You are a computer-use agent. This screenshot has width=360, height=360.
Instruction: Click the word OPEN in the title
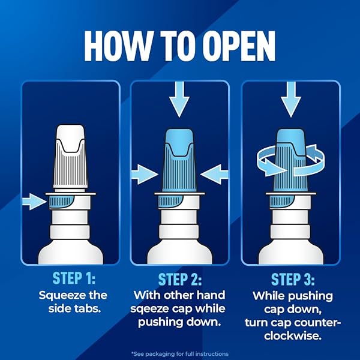pos(239,46)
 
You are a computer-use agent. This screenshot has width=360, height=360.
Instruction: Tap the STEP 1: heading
pos(74,278)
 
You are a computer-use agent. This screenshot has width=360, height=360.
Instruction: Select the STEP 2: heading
pos(180,279)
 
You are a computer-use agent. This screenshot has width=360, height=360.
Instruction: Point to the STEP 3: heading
pos(293,279)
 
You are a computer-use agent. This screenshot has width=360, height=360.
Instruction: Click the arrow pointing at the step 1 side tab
pos(34,202)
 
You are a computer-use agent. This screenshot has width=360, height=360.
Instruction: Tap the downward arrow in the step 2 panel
pos(179,99)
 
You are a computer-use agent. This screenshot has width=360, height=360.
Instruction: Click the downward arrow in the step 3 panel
pos(291,99)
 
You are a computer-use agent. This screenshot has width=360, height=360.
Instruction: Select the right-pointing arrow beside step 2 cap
pos(145,175)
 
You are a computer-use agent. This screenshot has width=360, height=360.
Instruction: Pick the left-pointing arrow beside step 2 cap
pos(214,175)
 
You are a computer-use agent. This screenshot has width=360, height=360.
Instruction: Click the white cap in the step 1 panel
pos(70,157)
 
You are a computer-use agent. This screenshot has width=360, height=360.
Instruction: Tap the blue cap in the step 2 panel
pos(179,160)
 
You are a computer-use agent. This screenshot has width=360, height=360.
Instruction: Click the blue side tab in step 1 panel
pos(61,202)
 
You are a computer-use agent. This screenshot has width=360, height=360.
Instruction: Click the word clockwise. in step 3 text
pos(293,336)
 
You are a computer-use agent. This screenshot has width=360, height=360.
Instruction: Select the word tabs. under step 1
pos(88,308)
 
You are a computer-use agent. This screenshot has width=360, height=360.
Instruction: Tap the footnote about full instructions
pos(180,354)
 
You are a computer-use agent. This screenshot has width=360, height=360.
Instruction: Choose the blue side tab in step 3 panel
pos(281,202)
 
